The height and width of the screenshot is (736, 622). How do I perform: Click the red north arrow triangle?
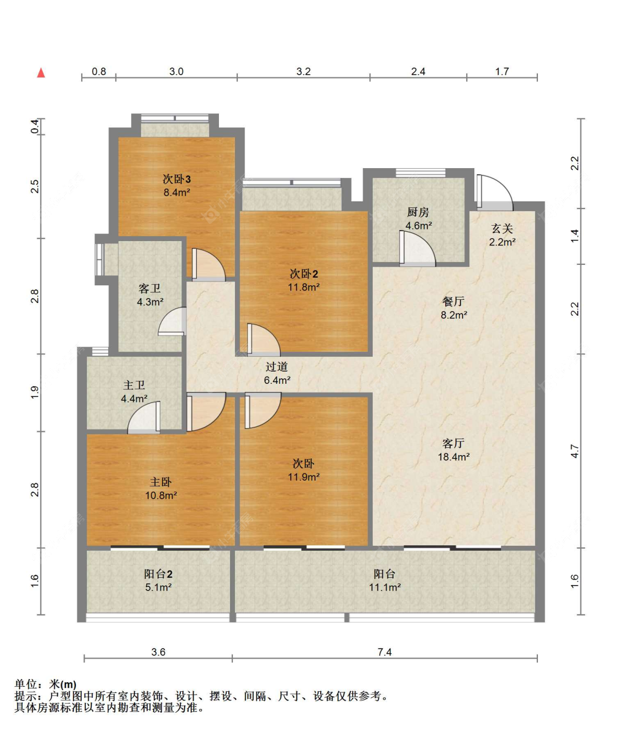[41, 73]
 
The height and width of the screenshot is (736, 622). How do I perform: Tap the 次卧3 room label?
[176, 179]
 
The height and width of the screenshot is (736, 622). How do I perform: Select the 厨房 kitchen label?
[418, 212]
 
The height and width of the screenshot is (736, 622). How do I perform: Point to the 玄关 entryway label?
[502, 228]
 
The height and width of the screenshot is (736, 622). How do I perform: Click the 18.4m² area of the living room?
[453, 457]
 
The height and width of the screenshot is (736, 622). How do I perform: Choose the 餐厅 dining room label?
[453, 301]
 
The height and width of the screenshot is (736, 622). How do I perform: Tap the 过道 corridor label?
[276, 367]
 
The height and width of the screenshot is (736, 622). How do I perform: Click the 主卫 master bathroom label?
[134, 385]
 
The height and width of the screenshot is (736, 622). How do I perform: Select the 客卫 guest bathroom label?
[150, 289]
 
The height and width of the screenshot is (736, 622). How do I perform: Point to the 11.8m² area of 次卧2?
[304, 287]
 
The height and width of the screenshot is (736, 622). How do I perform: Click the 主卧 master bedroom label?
[160, 482]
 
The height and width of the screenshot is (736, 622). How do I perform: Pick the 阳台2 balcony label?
[158, 574]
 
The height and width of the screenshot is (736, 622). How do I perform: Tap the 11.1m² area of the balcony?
[385, 587]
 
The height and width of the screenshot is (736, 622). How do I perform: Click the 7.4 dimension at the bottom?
[384, 652]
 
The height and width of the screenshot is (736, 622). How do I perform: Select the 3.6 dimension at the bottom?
[159, 652]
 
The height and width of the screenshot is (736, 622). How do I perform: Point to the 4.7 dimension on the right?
[574, 451]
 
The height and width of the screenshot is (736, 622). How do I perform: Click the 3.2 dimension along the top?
[304, 71]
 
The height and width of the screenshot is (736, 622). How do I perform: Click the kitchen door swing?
[417, 248]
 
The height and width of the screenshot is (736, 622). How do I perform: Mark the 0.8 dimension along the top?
[98, 71]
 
